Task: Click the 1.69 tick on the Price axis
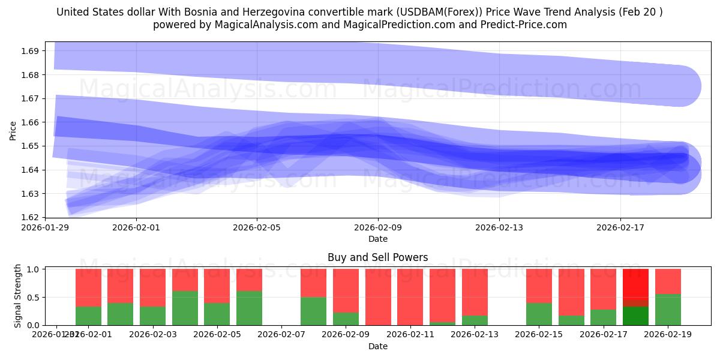click(x=30, y=51)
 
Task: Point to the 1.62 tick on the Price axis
click(x=30, y=217)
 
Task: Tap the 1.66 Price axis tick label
click(x=30, y=122)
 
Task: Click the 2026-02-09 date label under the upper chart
click(x=378, y=228)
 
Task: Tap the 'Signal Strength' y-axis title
click(x=18, y=295)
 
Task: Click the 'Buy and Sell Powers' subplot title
click(x=378, y=257)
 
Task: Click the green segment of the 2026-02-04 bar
click(x=185, y=308)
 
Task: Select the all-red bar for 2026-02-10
click(x=378, y=297)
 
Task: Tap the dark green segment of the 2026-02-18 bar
click(x=635, y=316)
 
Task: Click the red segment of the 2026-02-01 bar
click(x=88, y=287)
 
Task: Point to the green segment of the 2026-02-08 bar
click(x=313, y=311)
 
